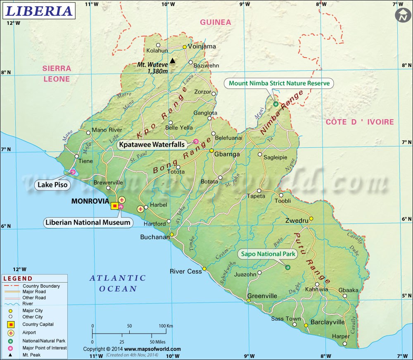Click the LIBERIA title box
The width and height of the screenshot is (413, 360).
coord(39,10)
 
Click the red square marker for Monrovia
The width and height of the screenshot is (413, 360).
coord(114,205)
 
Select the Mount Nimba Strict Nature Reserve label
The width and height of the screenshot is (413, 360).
coord(280,83)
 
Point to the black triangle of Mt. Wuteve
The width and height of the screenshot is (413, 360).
coord(173,61)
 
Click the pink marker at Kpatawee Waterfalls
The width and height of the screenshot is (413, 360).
coord(196,142)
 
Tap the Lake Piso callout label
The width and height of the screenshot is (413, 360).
coord(51,185)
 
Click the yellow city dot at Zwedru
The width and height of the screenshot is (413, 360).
coord(311,219)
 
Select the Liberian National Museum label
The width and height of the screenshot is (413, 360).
coord(88,222)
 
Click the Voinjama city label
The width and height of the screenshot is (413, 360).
coord(202,46)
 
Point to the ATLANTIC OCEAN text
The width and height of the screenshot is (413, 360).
coord(118,283)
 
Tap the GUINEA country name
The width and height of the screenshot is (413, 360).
coord(216,22)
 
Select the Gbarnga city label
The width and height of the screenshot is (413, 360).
coord(227,154)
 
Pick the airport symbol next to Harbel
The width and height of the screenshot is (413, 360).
coord(141,209)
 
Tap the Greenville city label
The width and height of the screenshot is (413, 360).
coord(262,296)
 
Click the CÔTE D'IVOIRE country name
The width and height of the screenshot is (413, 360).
coord(359,122)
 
